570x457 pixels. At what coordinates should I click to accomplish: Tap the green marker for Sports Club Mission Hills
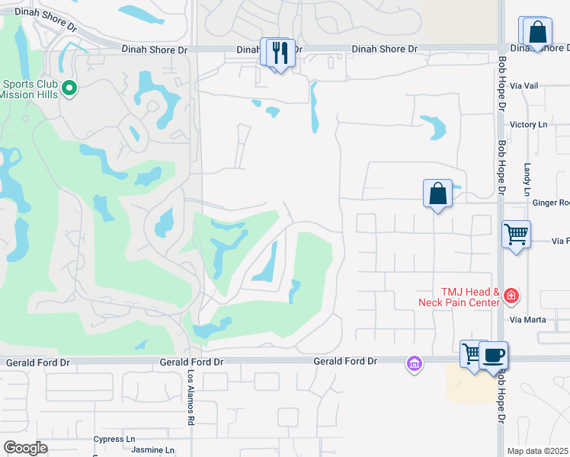click(69, 89)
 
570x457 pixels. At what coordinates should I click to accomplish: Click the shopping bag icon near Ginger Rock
click(438, 193)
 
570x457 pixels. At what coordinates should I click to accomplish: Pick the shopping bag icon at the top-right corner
click(538, 32)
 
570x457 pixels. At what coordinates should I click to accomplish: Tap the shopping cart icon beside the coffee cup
click(472, 354)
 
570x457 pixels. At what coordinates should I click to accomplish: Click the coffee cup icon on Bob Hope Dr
click(493, 355)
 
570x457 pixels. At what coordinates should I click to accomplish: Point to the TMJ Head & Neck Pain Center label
click(459, 297)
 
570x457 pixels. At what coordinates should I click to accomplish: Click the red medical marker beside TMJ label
click(511, 296)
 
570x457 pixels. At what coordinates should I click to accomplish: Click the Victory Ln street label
click(529, 124)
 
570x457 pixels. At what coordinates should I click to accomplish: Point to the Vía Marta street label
click(528, 319)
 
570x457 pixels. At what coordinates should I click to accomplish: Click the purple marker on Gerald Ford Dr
click(415, 365)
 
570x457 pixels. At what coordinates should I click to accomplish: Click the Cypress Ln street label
click(114, 439)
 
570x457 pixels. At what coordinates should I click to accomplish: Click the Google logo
click(25, 448)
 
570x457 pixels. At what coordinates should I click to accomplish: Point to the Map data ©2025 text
click(538, 451)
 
